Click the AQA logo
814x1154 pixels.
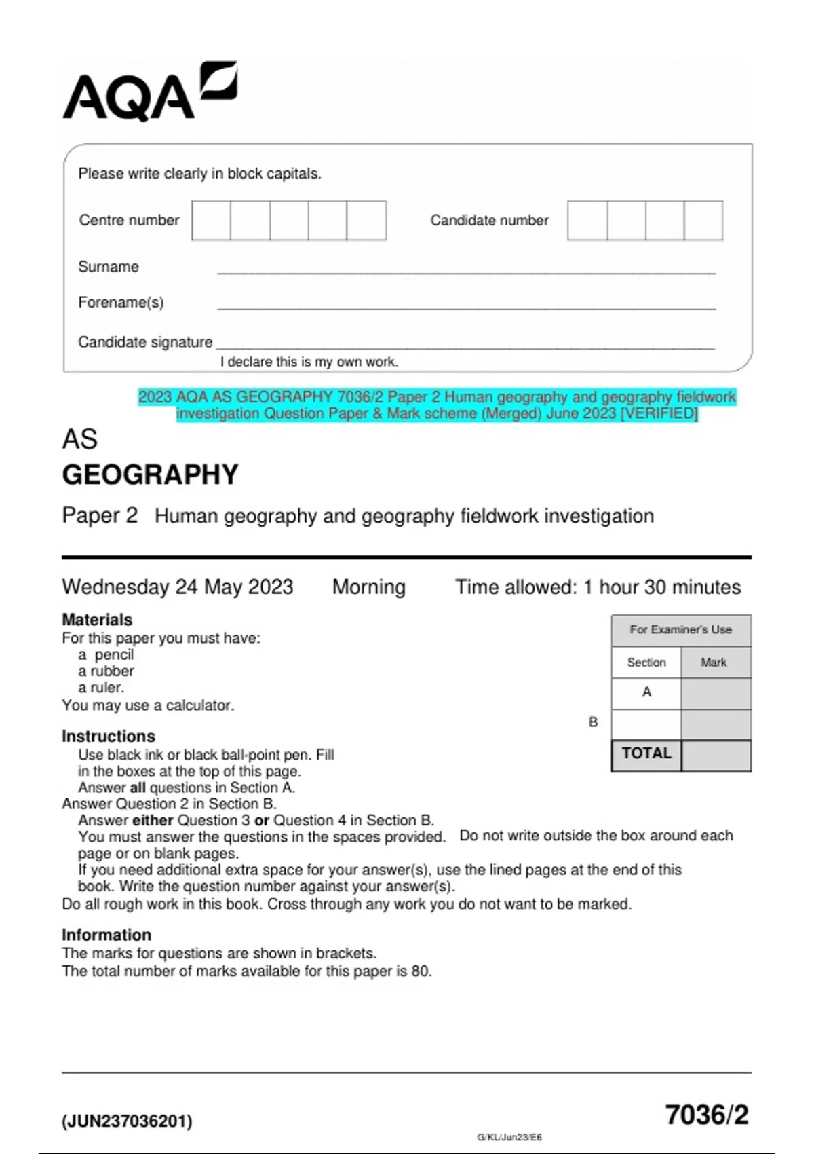click(149, 93)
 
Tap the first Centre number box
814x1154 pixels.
click(211, 221)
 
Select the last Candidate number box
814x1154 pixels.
click(703, 221)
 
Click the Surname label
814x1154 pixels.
click(109, 267)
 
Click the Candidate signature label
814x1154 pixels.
click(145, 342)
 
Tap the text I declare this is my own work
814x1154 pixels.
click(309, 362)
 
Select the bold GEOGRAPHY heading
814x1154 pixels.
click(151, 474)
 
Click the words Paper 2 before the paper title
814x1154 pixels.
click(100, 515)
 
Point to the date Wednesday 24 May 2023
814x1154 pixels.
click(178, 587)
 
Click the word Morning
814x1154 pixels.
click(368, 587)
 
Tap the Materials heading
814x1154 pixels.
click(97, 619)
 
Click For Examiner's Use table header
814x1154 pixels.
click(680, 629)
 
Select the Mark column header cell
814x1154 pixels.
click(714, 662)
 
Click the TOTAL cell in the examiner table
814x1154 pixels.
click(646, 753)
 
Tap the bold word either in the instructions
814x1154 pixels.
click(153, 820)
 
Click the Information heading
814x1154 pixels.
click(106, 935)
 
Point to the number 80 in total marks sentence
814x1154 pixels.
click(420, 971)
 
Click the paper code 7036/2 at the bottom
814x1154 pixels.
click(706, 1115)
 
